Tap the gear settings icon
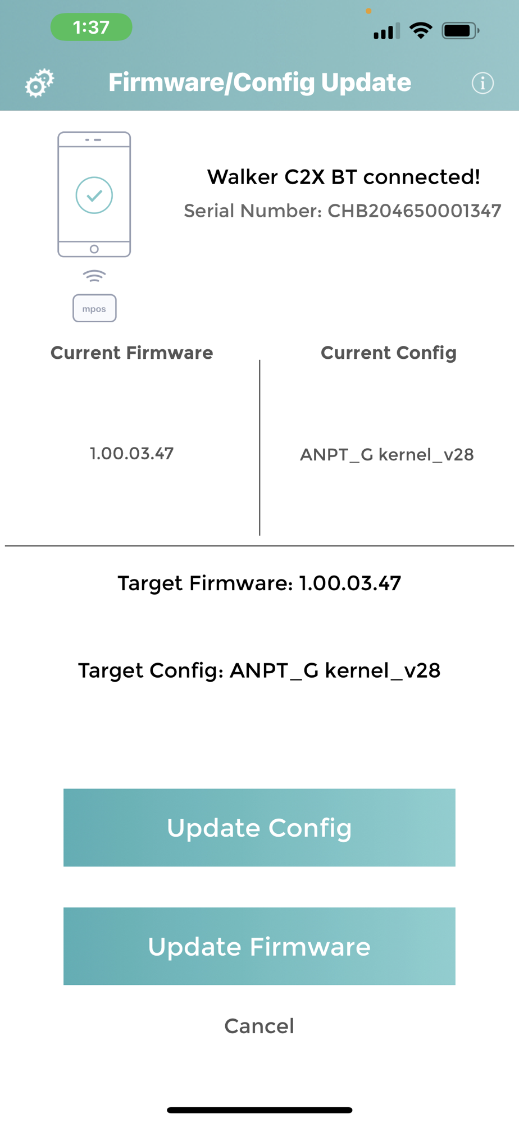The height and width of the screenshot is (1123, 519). pyautogui.click(x=39, y=83)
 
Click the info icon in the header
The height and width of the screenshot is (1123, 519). pyautogui.click(x=482, y=83)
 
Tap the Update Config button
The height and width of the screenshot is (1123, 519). pyautogui.click(x=259, y=827)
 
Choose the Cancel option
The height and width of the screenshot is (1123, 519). pyautogui.click(x=259, y=1026)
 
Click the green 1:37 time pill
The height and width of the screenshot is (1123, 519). pyautogui.click(x=92, y=27)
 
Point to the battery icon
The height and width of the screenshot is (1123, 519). pyautogui.click(x=460, y=30)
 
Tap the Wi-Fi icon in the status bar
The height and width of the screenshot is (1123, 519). pyautogui.click(x=421, y=30)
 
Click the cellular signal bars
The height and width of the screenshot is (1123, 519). pyautogui.click(x=387, y=31)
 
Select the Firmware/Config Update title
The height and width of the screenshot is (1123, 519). pyautogui.click(x=259, y=83)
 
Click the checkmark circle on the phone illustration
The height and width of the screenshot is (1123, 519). pyautogui.click(x=94, y=195)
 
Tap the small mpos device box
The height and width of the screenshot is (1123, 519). pyautogui.click(x=94, y=308)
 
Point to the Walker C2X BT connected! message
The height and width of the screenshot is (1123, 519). pyautogui.click(x=343, y=177)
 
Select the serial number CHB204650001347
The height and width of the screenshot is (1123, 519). pyautogui.click(x=414, y=211)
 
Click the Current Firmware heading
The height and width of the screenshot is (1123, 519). pyautogui.click(x=132, y=353)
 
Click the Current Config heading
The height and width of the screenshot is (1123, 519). pyautogui.click(x=388, y=353)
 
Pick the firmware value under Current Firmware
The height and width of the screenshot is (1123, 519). pyautogui.click(x=132, y=453)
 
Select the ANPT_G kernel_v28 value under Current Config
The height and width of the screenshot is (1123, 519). pyautogui.click(x=387, y=454)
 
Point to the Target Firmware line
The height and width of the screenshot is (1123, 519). pyautogui.click(x=259, y=583)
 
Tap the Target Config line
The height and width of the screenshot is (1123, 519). pyautogui.click(x=259, y=670)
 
